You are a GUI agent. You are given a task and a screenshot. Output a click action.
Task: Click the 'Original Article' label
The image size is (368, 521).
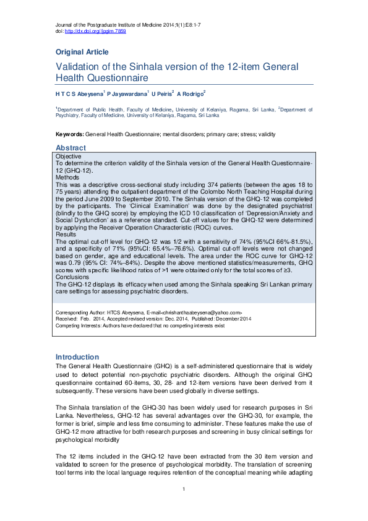(82, 52)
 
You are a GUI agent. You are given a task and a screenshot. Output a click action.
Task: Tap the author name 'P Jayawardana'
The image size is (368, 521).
(129, 93)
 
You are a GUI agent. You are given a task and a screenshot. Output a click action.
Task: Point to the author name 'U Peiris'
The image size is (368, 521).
(163, 93)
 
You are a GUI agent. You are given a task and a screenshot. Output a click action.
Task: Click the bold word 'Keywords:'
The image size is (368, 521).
(69, 134)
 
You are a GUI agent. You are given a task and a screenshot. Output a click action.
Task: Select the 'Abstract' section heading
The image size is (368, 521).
(71, 149)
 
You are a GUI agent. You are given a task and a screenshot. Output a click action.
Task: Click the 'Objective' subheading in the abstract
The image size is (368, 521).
(69, 158)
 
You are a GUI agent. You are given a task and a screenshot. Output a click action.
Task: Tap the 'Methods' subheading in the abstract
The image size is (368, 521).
(68, 178)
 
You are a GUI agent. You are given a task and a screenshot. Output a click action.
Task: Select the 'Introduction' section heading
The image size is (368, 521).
(77, 357)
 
